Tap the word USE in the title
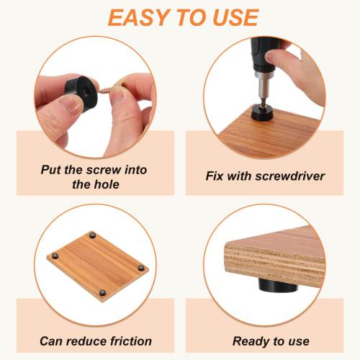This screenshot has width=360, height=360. click(231, 17)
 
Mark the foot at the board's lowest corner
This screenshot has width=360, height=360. click(105, 292)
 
